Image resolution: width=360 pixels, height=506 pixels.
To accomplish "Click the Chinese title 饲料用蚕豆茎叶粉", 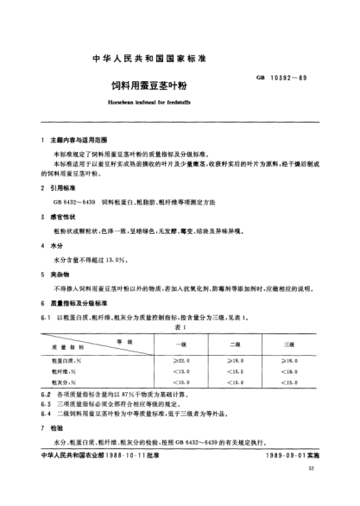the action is click(x=180, y=85).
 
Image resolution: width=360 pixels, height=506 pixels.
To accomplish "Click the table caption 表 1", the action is click(x=180, y=327).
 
